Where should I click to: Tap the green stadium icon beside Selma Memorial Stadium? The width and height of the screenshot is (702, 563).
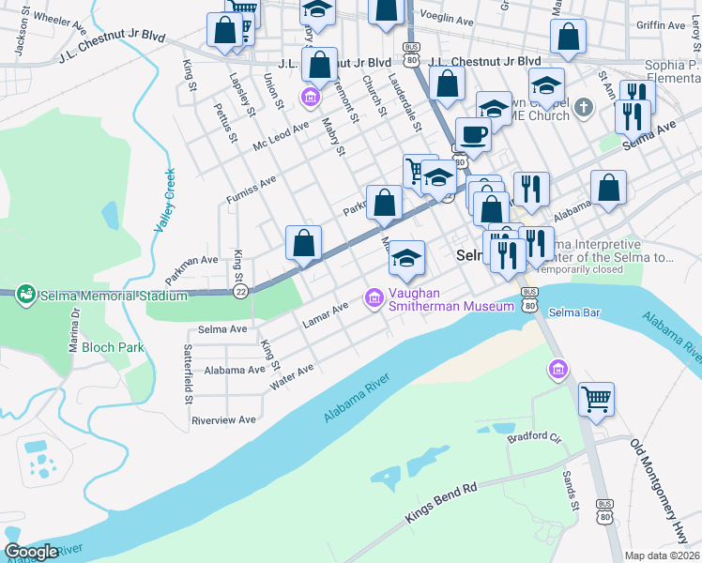click(25, 295)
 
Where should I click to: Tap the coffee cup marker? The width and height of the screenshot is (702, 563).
click(473, 133)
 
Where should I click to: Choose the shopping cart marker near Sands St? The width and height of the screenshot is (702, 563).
click(596, 399)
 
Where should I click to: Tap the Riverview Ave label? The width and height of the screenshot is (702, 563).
click(223, 420)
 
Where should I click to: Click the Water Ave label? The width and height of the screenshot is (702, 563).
click(291, 374)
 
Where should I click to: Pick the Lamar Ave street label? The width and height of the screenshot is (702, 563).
click(325, 314)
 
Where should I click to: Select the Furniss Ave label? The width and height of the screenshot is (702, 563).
click(251, 188)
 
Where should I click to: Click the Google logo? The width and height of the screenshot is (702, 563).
click(32, 552)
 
